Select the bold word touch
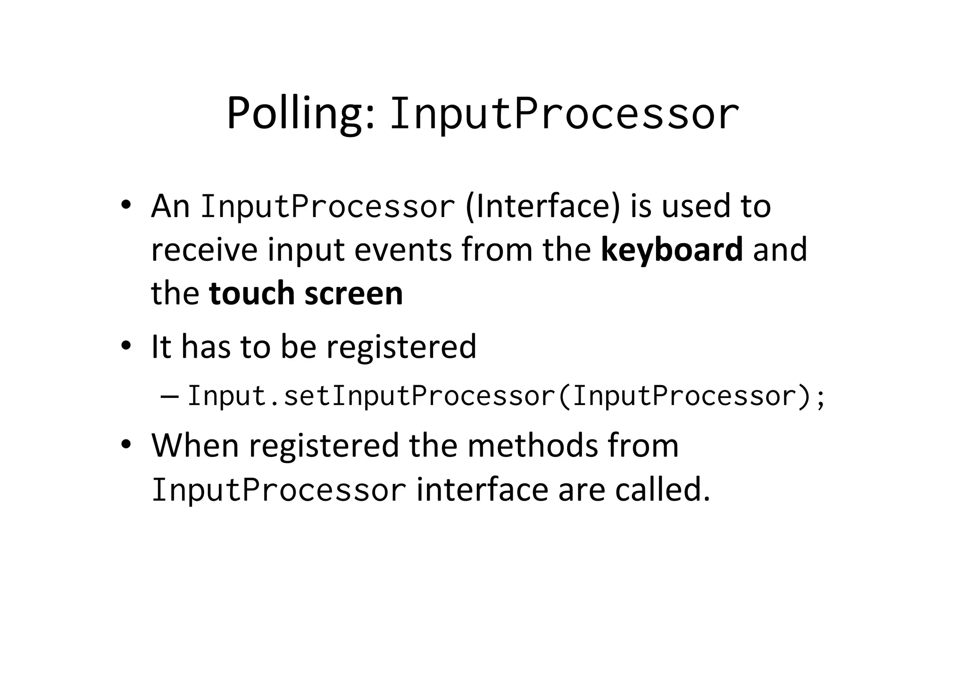251,293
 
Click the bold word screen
354,293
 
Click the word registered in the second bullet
401,347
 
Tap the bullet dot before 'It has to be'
125,346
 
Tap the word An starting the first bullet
170,206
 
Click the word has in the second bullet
206,347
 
